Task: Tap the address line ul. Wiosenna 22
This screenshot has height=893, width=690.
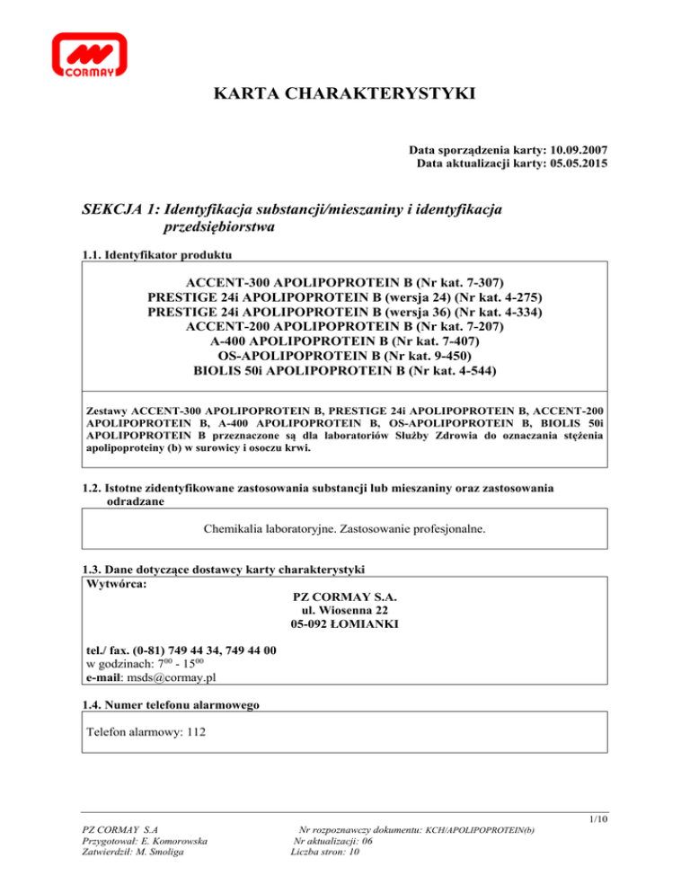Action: [345, 610]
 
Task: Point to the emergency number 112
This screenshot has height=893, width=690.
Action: [199, 732]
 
